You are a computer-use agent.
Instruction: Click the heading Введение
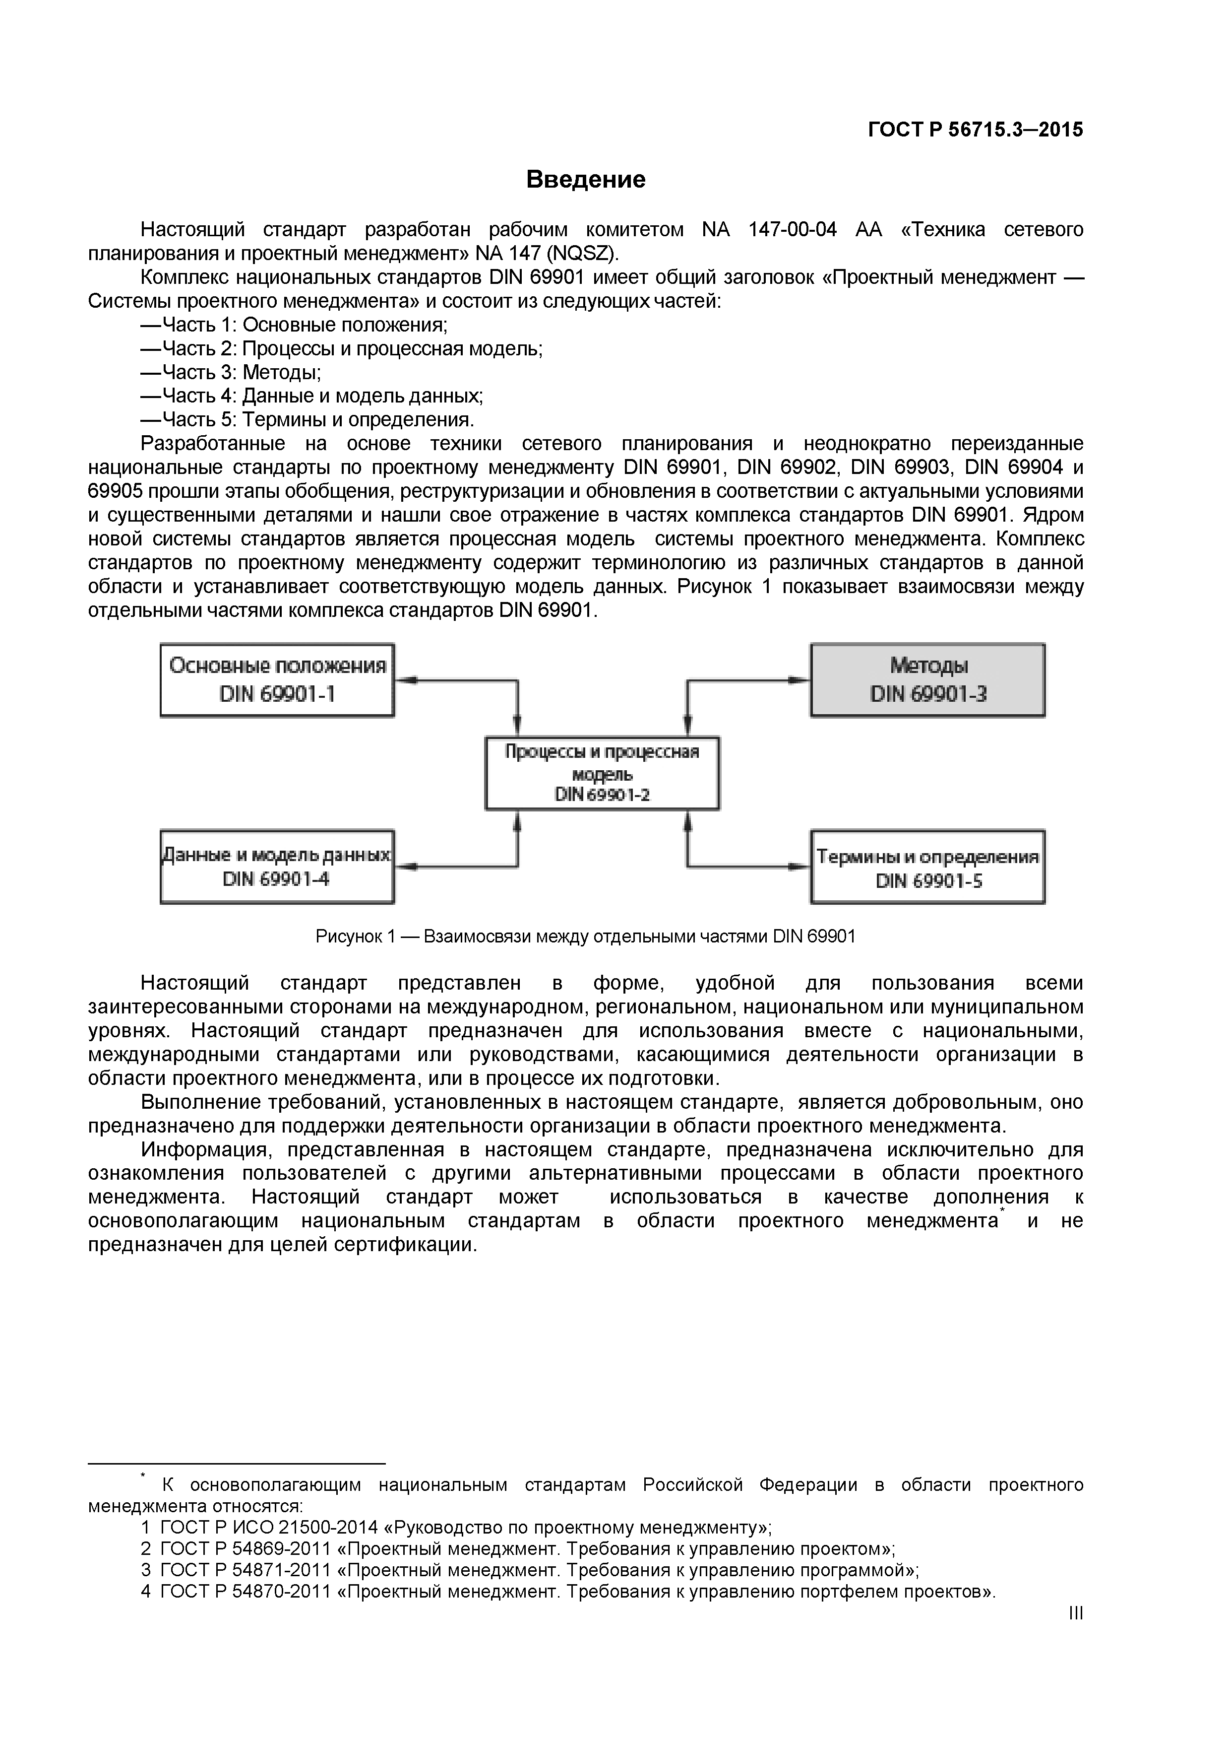[x=585, y=180]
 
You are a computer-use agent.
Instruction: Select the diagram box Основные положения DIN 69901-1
[x=277, y=679]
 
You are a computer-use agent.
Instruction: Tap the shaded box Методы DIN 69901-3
[x=927, y=679]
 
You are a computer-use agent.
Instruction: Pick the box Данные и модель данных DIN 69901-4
[x=277, y=867]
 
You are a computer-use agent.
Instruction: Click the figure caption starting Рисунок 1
[x=585, y=937]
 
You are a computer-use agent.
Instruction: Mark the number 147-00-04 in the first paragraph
[x=792, y=229]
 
